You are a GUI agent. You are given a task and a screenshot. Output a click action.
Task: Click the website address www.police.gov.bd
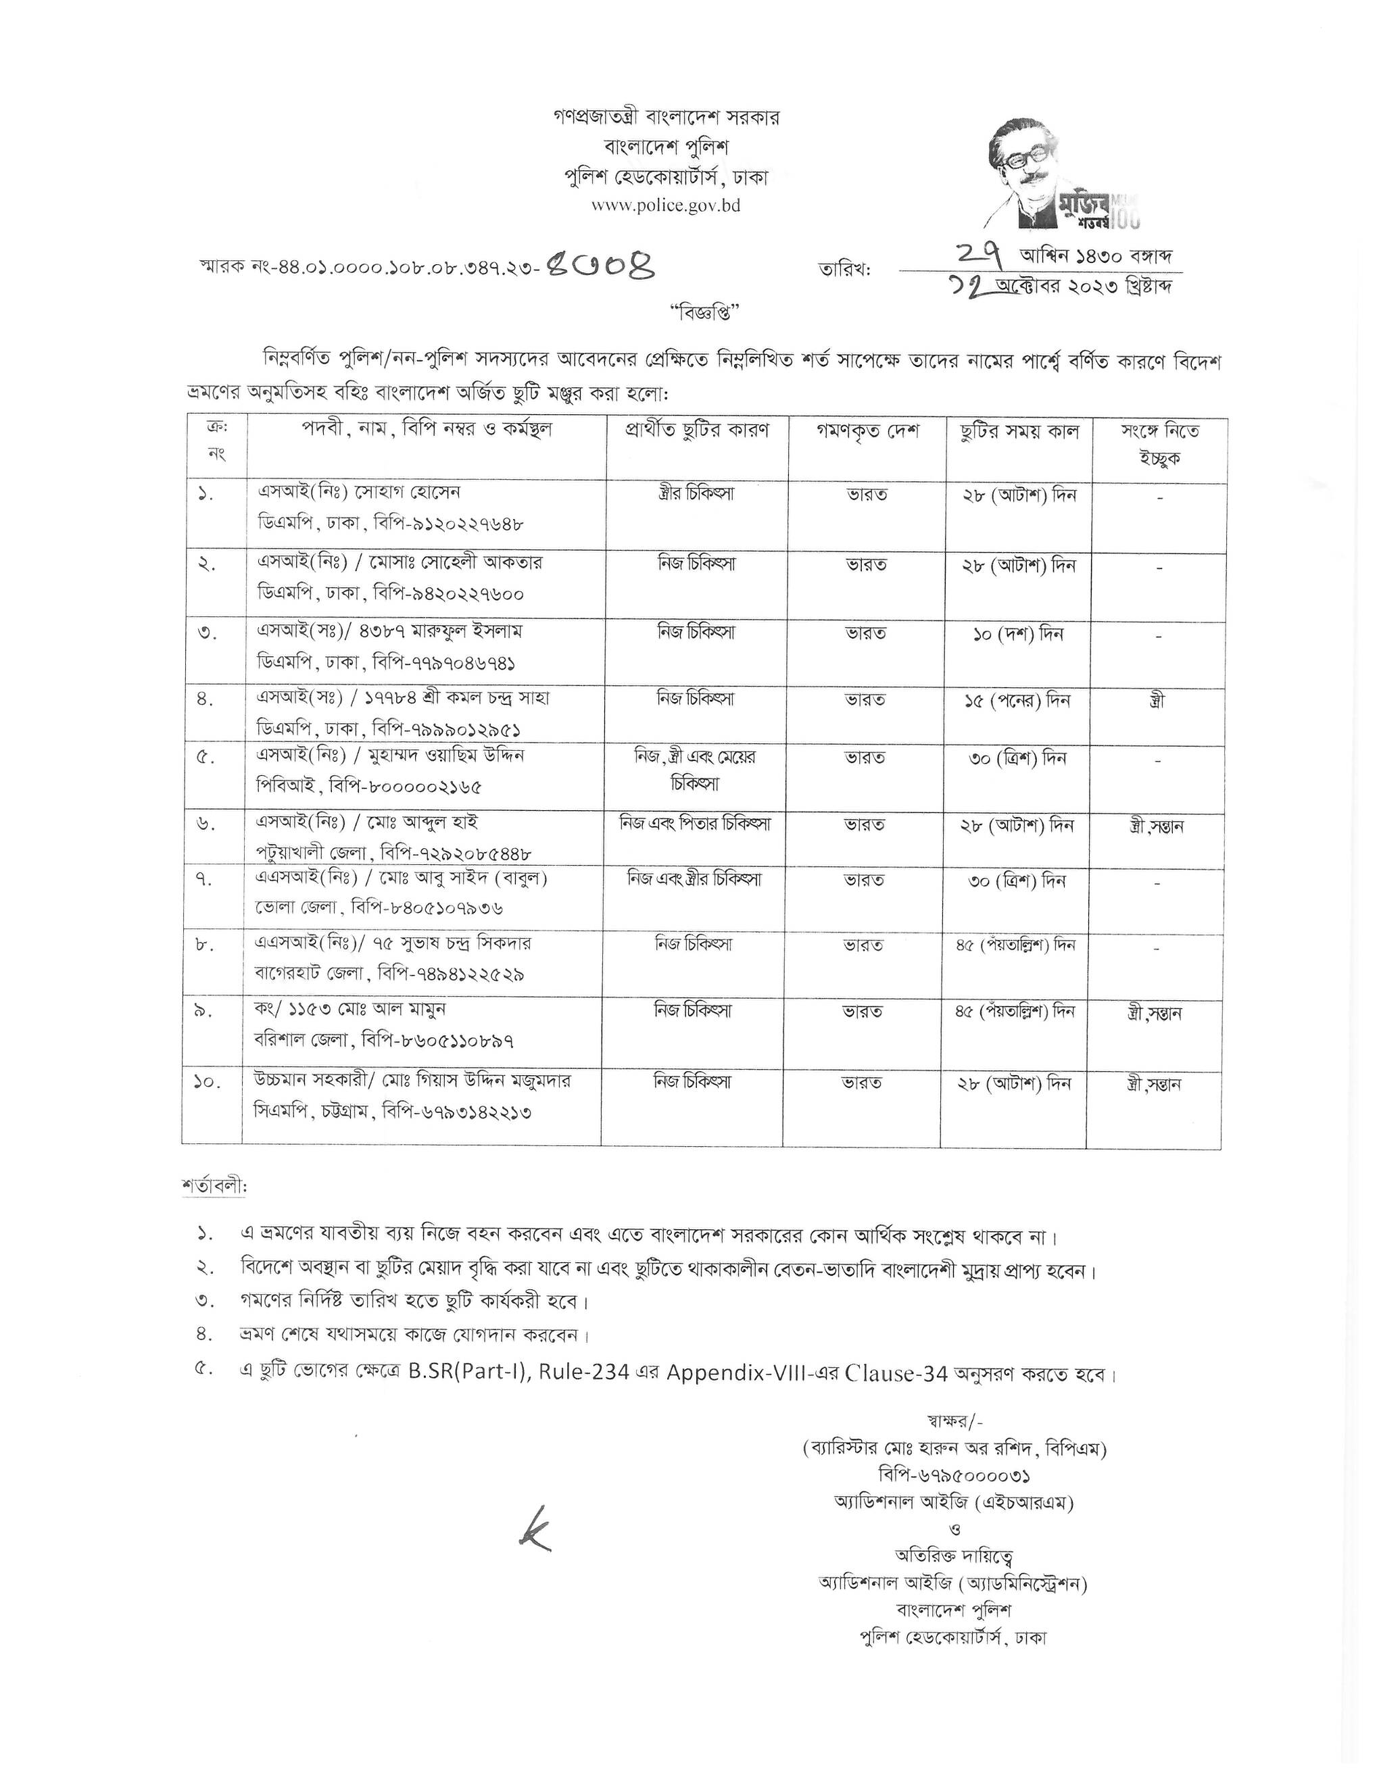[x=665, y=206]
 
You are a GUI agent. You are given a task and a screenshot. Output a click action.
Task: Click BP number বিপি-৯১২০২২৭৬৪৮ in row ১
[x=447, y=524]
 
